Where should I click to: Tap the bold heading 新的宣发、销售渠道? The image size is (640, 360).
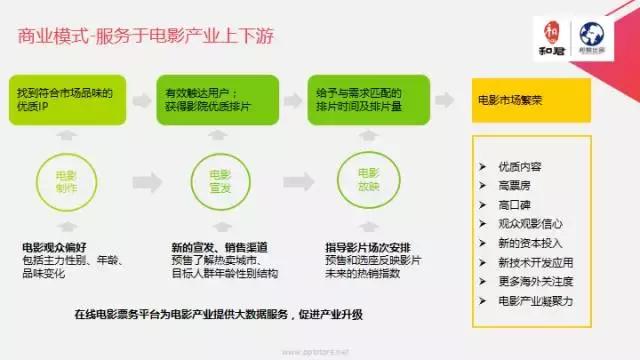(213, 246)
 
